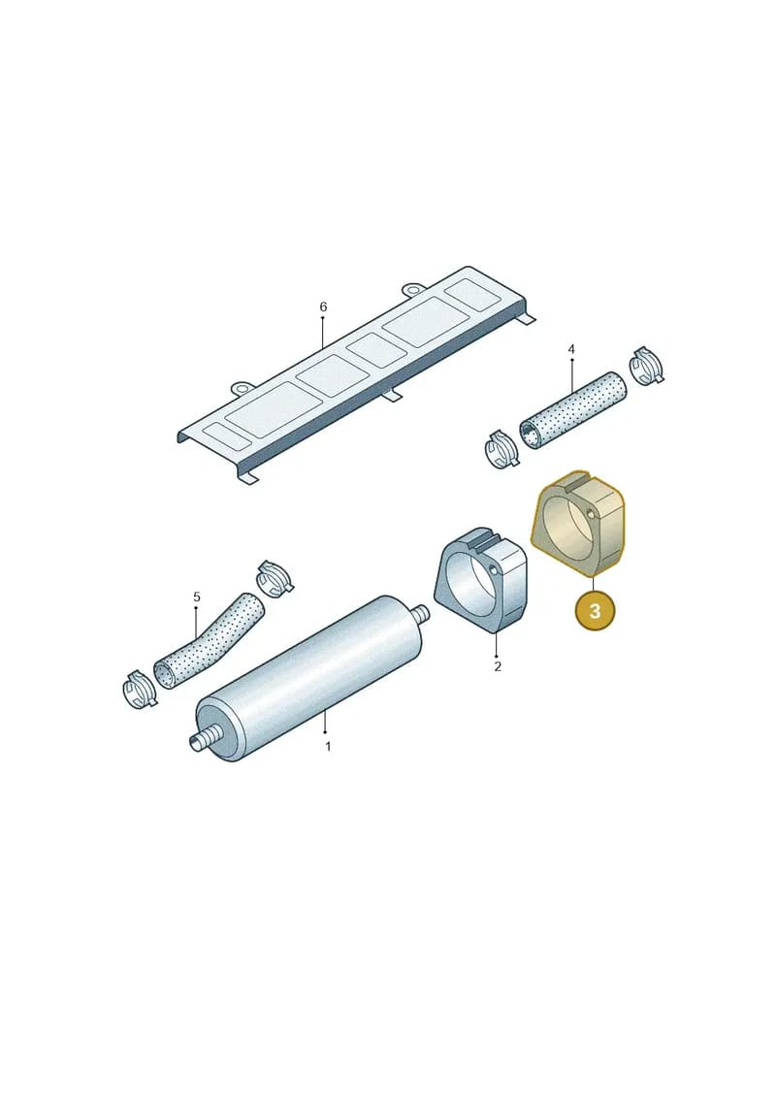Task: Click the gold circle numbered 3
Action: point(594,611)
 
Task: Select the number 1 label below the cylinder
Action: point(328,747)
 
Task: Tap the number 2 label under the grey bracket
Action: point(498,666)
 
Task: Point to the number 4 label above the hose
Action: point(571,349)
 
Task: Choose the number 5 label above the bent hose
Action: point(197,597)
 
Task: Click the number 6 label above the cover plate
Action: point(323,307)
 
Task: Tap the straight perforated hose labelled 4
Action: point(572,410)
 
